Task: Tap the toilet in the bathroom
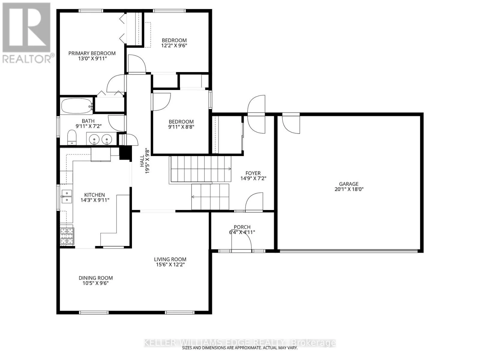tap(72, 137)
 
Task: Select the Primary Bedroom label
tap(92, 53)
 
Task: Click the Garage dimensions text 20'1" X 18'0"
tap(349, 189)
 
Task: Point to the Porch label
tap(242, 227)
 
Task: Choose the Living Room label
tap(170, 259)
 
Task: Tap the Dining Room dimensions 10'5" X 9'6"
tap(96, 283)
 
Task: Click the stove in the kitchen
tap(67, 236)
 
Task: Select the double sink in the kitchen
tap(67, 196)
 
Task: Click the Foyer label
tap(253, 173)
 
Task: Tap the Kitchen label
tap(94, 195)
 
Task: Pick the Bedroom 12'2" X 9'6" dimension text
tap(174, 46)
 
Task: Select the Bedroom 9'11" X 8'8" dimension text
tap(181, 127)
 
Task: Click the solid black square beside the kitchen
tap(125, 153)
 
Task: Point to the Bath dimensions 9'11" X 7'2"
tap(88, 126)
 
